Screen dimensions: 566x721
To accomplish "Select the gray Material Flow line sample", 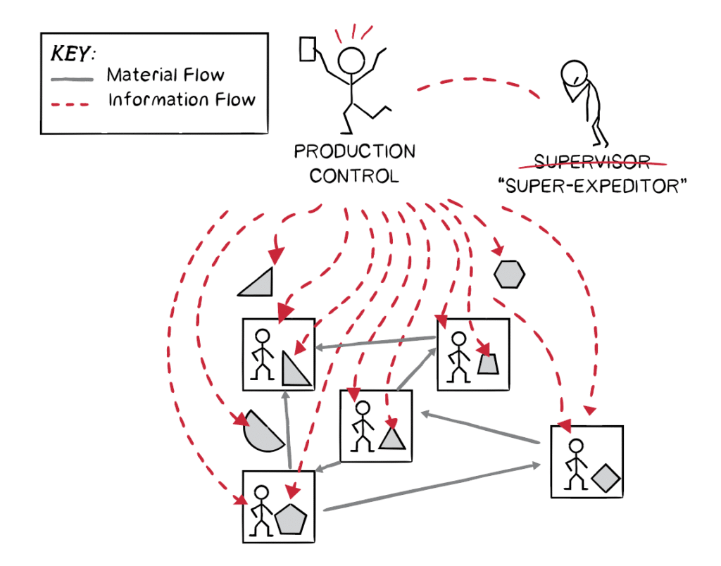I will click(73, 76).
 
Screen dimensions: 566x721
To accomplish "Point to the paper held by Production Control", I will click(308, 49).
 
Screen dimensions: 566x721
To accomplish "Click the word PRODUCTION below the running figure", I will click(354, 151).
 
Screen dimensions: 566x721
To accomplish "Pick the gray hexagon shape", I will click(509, 275).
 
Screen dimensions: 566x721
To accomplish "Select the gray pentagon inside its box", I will click(291, 519).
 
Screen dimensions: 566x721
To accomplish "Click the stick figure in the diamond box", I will click(576, 465).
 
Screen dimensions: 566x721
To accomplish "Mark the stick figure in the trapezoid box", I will click(459, 357).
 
